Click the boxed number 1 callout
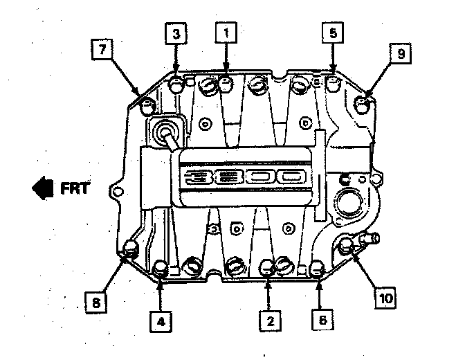225,32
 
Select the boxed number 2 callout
271,320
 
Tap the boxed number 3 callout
175,32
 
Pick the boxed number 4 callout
161,320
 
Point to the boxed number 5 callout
332,32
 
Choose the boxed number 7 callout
102,50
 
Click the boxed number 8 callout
95,301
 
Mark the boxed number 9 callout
400,53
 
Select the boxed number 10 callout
386,298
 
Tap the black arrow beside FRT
43,188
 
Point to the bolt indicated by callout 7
147,107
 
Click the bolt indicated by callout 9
363,105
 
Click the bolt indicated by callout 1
226,83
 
